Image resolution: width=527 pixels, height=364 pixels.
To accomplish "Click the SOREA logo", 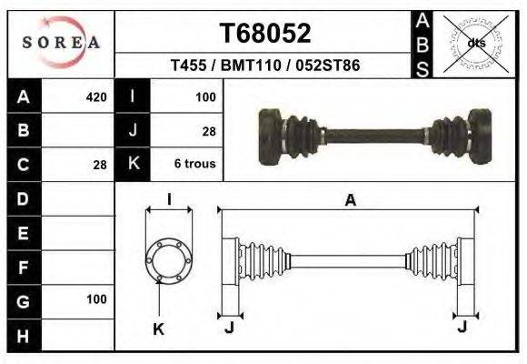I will click(61, 42).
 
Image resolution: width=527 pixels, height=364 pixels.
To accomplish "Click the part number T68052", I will click(266, 33).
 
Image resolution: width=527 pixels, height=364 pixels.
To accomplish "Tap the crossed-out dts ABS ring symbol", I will click(475, 42).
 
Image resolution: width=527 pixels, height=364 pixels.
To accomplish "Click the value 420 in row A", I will click(95, 96).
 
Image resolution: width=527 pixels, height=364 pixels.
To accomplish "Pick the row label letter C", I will click(24, 165).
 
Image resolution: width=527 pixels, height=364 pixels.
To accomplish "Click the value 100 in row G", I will click(95, 299).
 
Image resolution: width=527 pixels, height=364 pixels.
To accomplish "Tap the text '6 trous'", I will click(194, 165).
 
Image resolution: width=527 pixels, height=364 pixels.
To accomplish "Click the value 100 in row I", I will click(204, 96).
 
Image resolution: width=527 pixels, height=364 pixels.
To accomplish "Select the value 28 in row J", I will click(208, 131).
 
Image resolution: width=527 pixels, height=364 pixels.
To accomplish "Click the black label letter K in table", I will click(134, 165).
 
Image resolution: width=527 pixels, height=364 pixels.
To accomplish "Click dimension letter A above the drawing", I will click(350, 201).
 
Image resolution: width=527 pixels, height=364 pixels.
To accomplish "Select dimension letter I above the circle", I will click(169, 200).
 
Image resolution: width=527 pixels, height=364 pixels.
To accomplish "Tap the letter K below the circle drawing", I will click(158, 329).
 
